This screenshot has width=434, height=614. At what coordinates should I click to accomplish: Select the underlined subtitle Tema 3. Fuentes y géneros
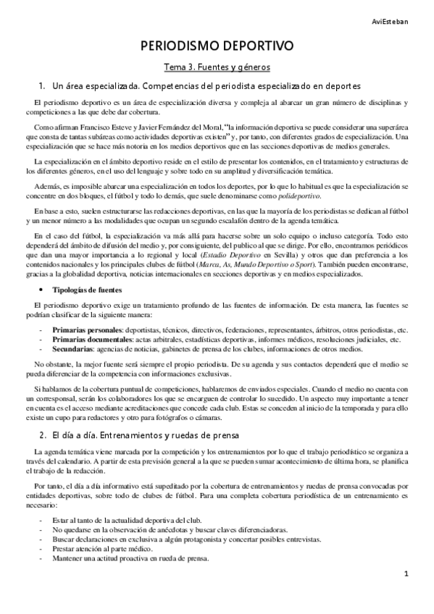point(217,67)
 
